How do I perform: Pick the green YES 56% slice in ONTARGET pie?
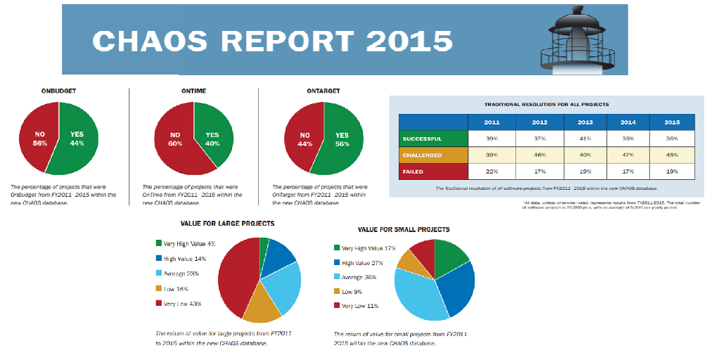coord(340,139)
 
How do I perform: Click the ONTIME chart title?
coord(193,91)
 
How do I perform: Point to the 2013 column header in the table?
coord(585,122)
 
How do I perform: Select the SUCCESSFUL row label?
coord(423,139)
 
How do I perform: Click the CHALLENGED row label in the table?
coord(423,155)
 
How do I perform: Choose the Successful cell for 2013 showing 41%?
coord(585,139)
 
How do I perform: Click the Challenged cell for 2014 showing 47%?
coord(629,155)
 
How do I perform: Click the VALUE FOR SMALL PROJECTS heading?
coord(404,229)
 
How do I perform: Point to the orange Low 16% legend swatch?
coord(158,289)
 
